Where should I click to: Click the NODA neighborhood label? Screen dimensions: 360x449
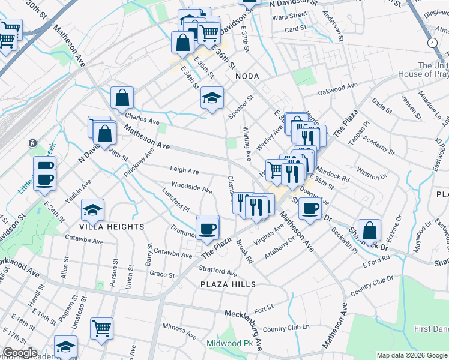(246, 76)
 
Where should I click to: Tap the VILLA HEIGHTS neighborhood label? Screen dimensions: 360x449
(112, 227)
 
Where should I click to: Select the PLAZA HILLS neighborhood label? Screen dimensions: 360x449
(228, 284)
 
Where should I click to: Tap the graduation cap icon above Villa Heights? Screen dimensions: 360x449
(93, 209)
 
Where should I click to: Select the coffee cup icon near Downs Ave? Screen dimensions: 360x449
(310, 209)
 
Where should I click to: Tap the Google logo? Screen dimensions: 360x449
(20, 353)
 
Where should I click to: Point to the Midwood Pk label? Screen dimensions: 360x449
(230, 344)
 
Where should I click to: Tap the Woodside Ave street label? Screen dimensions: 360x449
(191, 188)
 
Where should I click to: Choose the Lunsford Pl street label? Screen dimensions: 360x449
(176, 200)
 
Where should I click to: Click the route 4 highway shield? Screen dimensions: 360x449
(432, 43)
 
